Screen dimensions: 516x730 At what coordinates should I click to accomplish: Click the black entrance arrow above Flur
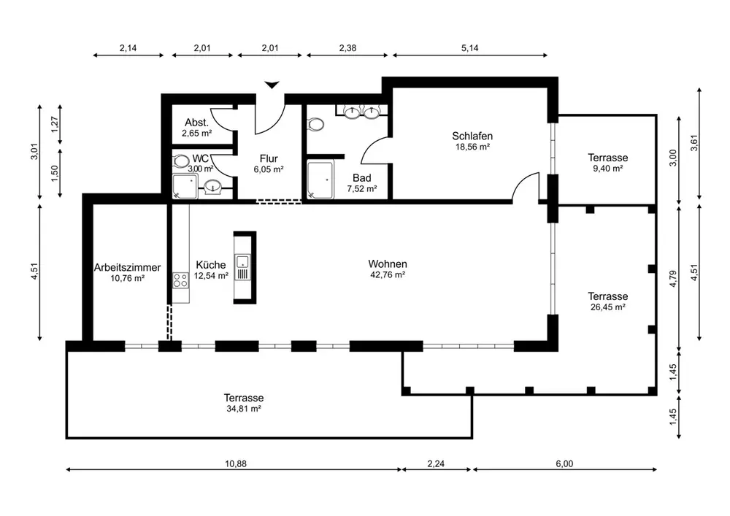(272, 85)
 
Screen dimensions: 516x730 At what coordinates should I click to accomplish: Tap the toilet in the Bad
(316, 125)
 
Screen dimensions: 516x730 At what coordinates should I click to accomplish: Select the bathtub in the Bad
(320, 180)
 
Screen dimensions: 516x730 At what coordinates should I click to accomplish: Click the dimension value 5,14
(469, 48)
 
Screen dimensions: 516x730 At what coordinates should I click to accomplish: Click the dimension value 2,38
(349, 48)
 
